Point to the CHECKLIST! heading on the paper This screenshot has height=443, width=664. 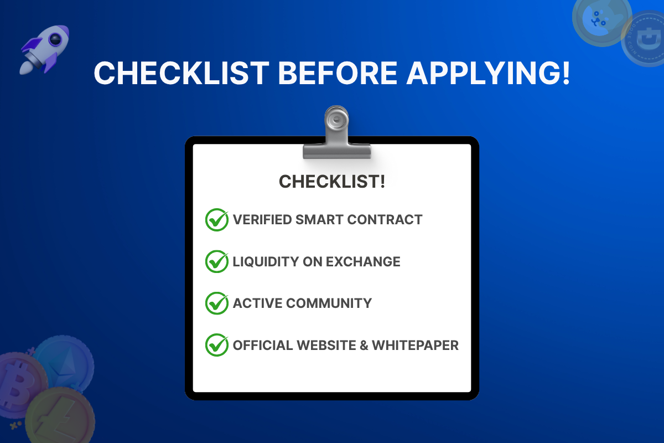click(x=332, y=182)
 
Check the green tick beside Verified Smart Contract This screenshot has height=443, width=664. click(x=216, y=220)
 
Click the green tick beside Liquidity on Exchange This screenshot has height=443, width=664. click(x=216, y=261)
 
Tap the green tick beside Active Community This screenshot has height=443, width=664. click(x=216, y=303)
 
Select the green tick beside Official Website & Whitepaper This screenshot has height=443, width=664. click(x=216, y=345)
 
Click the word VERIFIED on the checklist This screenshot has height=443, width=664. click(x=262, y=220)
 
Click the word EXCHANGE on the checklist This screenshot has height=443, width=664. click(x=363, y=261)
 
